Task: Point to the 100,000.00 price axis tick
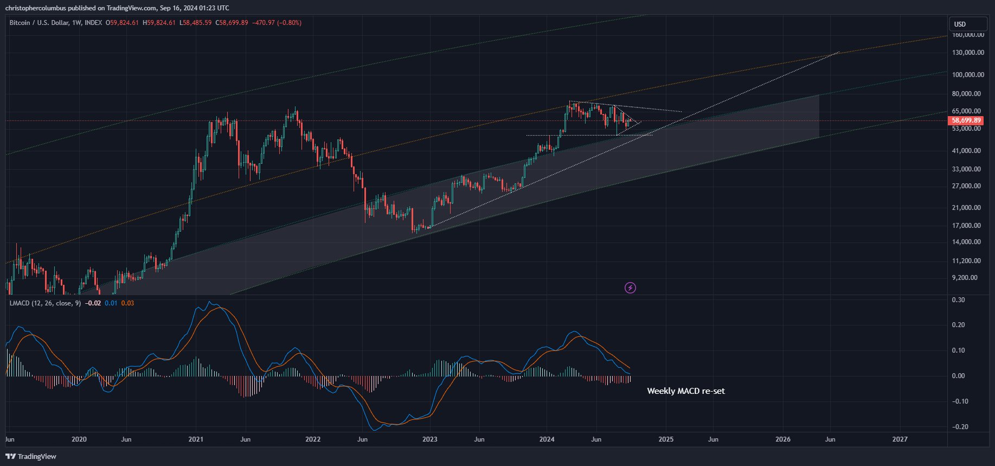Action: (968, 75)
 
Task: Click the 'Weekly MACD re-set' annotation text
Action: (685, 391)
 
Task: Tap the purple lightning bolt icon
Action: (630, 288)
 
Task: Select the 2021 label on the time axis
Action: (196, 439)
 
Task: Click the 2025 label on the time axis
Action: (666, 439)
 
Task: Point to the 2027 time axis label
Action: (900, 439)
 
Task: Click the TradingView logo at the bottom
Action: (31, 456)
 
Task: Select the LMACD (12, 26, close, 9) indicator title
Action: (45, 303)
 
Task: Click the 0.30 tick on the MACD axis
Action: (958, 300)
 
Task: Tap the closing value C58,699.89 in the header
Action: (232, 23)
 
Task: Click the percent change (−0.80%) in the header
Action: (289, 23)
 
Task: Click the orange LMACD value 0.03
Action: (127, 303)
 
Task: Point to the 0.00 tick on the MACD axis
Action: (958, 376)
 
